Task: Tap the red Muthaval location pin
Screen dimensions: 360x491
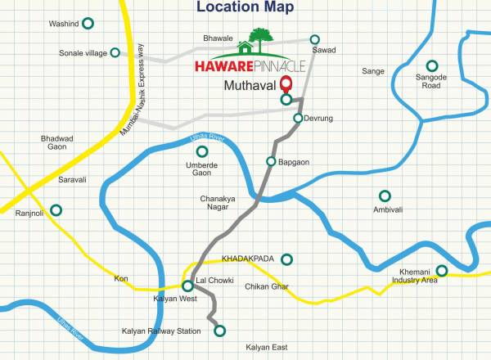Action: [x=286, y=83]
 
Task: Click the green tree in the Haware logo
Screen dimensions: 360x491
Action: [x=262, y=38]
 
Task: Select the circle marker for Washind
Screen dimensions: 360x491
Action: [x=88, y=24]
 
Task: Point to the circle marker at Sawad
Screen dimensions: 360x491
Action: [x=315, y=38]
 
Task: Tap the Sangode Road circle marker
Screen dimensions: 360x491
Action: [x=431, y=65]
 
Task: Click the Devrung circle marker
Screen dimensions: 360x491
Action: [x=298, y=119]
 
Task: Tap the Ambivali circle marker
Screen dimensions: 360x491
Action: [x=384, y=196]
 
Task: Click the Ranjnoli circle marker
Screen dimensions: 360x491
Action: [x=56, y=210]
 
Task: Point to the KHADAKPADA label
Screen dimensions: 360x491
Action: [x=247, y=259]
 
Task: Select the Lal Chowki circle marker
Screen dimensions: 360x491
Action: [x=187, y=286]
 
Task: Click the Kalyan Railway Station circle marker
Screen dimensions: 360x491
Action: [x=219, y=331]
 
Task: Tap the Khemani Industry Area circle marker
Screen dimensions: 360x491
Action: [x=441, y=270]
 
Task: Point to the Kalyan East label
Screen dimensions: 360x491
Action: [x=266, y=348]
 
